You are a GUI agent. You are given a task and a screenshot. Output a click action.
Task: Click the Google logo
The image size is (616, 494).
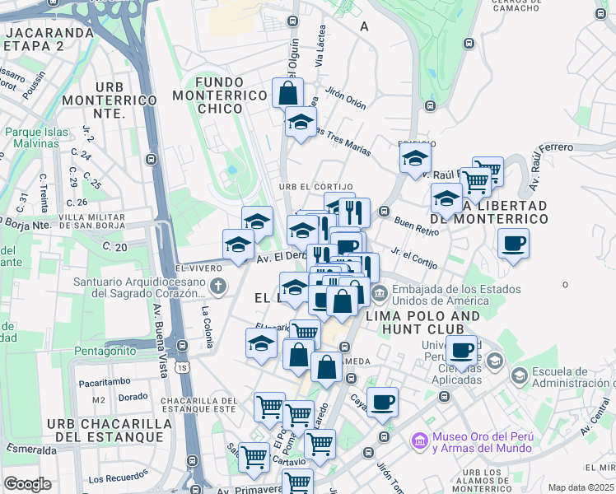[x=27, y=484]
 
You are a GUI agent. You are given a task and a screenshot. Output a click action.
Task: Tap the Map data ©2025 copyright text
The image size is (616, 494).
[x=581, y=487]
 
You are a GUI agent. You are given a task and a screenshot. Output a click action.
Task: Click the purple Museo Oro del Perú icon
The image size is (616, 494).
[x=420, y=441]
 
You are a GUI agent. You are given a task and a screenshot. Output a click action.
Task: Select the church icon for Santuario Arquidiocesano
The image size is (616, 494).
[x=217, y=287]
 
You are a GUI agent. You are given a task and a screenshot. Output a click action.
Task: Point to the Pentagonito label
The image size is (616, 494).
[x=105, y=351]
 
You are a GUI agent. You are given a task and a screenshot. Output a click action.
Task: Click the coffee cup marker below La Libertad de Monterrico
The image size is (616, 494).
[x=513, y=244]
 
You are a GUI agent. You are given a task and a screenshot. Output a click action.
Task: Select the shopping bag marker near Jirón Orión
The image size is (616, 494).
[x=288, y=92]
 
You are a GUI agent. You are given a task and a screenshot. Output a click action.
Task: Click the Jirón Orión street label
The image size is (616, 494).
[x=345, y=98]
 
